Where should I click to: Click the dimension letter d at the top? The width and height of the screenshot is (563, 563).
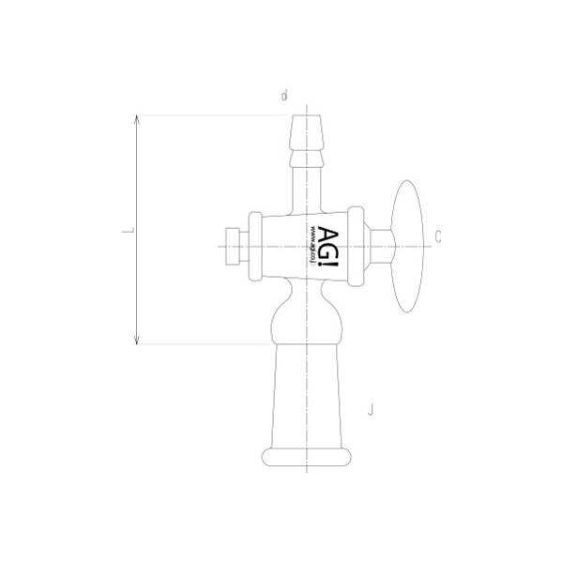(283, 95)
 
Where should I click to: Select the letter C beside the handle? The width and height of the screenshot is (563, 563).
(437, 235)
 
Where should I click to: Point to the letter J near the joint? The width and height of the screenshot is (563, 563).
(372, 408)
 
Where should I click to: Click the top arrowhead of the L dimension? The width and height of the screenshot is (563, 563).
(138, 120)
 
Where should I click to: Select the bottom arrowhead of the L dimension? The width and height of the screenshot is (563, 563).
(138, 340)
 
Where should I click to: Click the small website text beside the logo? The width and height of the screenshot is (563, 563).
(311, 246)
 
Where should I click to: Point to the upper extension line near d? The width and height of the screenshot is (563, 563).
(216, 115)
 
